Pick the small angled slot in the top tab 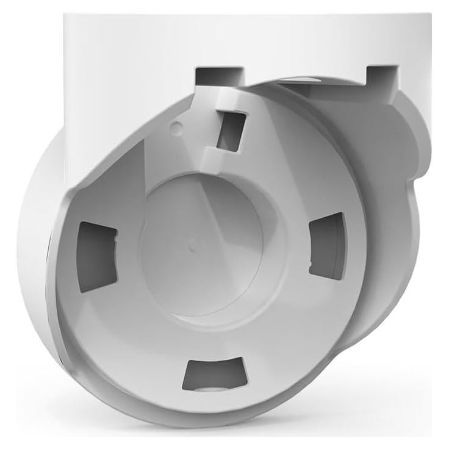(231, 130)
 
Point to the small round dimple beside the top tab (176, 127)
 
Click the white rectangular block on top (244, 37)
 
